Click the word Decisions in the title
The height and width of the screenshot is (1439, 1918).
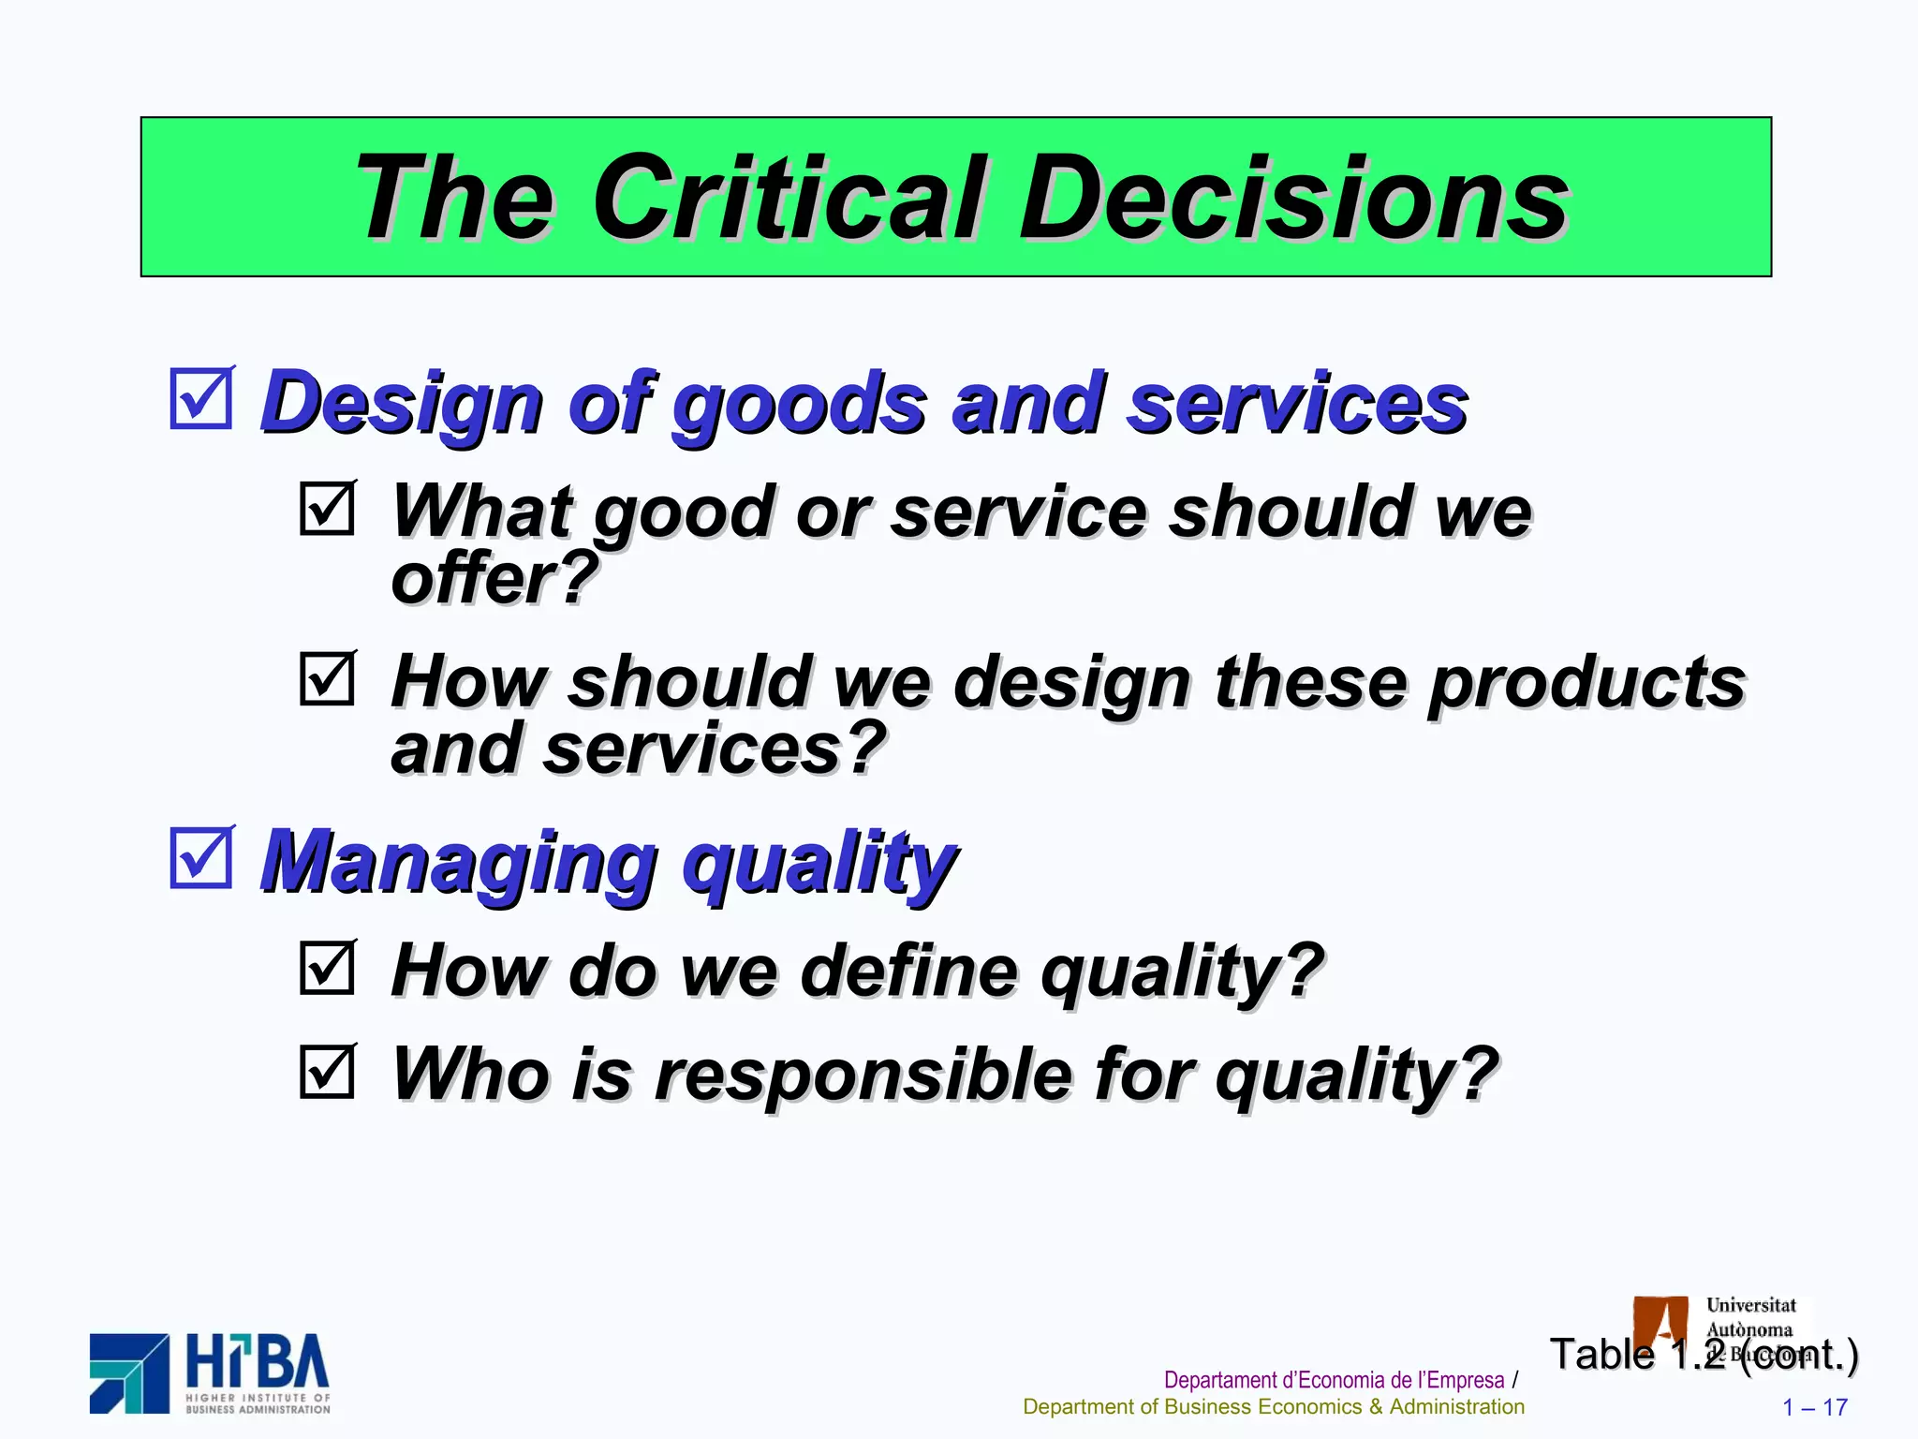(1293, 198)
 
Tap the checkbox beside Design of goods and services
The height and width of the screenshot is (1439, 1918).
(201, 398)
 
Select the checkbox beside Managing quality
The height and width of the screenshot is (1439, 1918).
(201, 857)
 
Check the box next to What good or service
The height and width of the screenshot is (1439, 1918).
(328, 508)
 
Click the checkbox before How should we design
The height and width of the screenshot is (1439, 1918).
(328, 677)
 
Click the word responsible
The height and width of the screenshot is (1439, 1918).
(862, 1075)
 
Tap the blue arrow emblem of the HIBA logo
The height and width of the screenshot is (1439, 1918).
(129, 1373)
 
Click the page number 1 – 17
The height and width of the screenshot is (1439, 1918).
(1814, 1407)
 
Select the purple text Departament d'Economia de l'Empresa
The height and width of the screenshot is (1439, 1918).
(1334, 1380)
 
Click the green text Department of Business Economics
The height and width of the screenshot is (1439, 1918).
(1273, 1407)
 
